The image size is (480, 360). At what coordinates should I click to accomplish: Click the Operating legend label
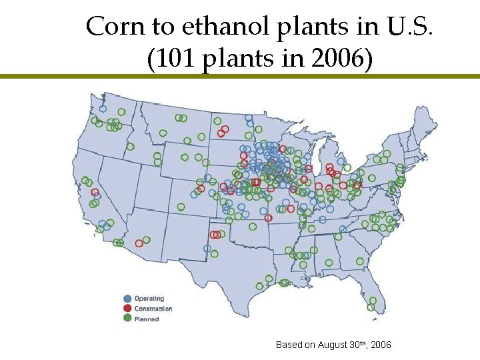pos(149,299)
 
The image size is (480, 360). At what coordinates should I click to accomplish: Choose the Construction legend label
pos(153,309)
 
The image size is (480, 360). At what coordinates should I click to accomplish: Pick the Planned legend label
pos(147,319)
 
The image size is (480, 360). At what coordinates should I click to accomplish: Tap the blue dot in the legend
pos(127,299)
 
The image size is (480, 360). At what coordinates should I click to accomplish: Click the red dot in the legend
pos(127,309)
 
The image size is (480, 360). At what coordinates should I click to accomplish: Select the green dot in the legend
pos(127,319)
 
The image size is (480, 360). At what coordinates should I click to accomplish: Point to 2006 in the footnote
pos(381,345)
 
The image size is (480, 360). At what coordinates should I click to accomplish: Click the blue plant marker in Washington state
pos(103,108)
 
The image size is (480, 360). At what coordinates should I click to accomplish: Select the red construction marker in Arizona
pos(139,243)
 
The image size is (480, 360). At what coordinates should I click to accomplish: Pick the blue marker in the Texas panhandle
pos(207,249)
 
